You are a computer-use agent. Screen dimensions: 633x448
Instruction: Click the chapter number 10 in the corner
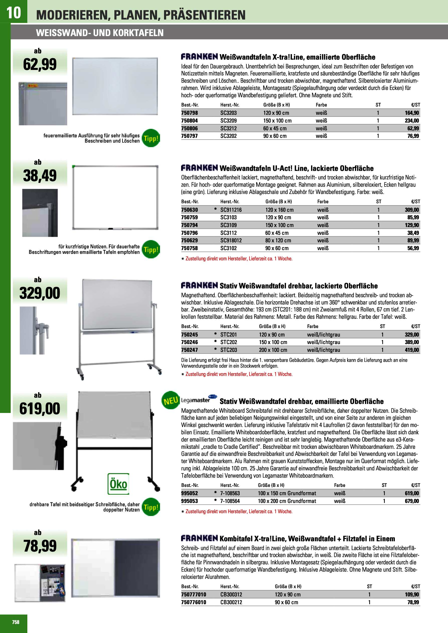[13, 13]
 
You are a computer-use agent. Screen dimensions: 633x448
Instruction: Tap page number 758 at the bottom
[16, 622]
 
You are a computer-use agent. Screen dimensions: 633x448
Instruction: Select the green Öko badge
[118, 484]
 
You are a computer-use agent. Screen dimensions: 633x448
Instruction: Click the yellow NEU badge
[171, 400]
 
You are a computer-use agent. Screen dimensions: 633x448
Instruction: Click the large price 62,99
[40, 64]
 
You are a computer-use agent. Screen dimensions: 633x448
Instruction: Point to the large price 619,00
[40, 408]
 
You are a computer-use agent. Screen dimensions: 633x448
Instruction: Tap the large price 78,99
[40, 546]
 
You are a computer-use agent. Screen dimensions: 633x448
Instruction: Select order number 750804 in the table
[189, 121]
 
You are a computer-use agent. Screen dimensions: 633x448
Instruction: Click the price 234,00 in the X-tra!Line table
[412, 121]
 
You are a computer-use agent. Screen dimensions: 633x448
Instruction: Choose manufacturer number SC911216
[231, 210]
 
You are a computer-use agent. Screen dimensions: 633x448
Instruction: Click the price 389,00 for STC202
[412, 342]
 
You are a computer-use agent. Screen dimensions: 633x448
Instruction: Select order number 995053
[189, 501]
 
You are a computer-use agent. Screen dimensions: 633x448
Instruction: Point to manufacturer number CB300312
[231, 594]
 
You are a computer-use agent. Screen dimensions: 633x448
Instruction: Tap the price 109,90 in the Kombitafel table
[412, 594]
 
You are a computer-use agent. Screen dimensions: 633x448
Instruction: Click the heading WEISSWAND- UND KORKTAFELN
[100, 33]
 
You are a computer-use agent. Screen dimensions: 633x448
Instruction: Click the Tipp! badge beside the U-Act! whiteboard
[151, 250]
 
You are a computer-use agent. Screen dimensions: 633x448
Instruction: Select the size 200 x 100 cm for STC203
[273, 350]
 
